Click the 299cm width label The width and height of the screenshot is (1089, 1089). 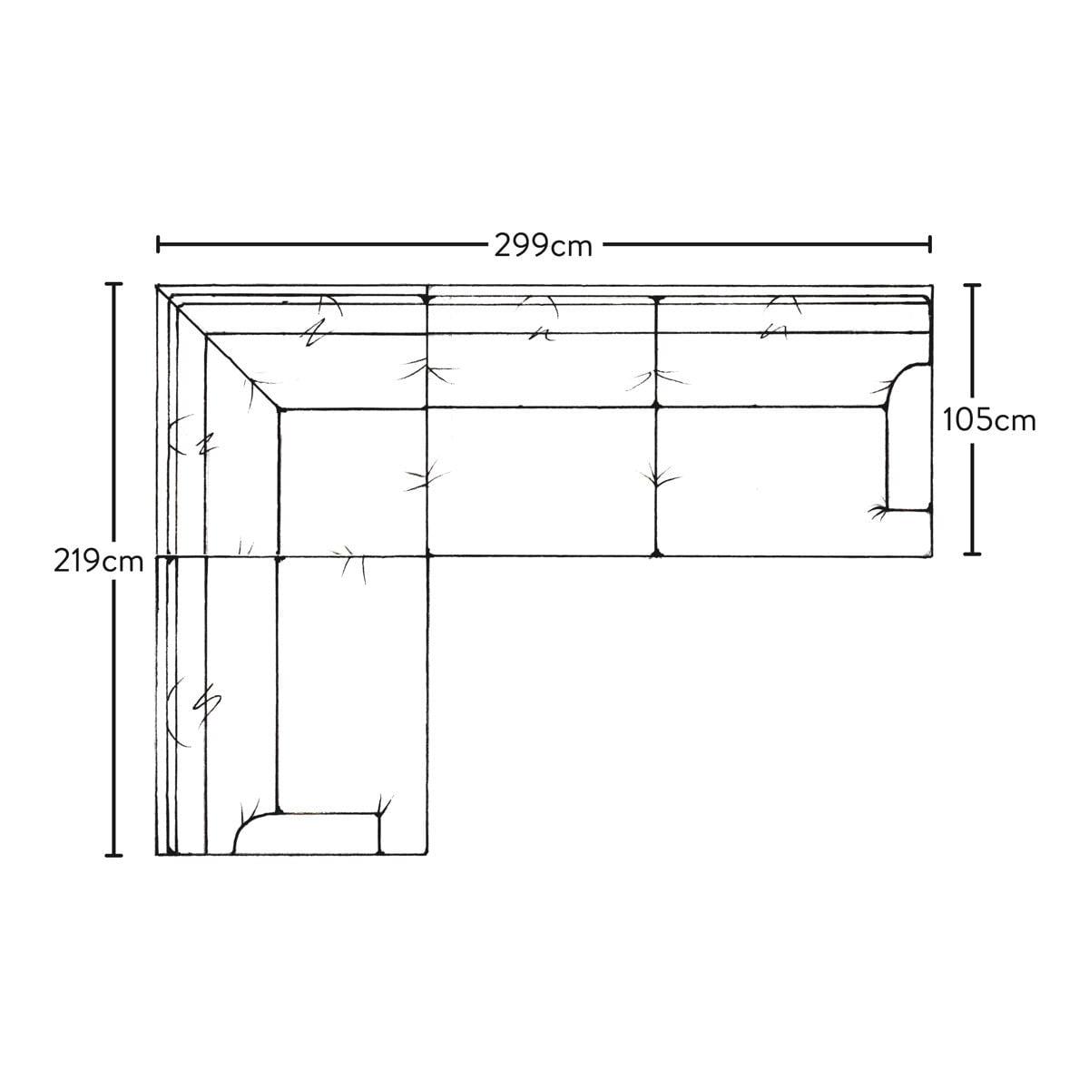[543, 246]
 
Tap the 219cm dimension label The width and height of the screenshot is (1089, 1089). [98, 563]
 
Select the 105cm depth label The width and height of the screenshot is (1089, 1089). [989, 421]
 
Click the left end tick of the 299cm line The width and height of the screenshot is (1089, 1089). [158, 244]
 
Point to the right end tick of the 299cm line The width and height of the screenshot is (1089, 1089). [929, 244]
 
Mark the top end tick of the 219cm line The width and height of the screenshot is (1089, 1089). [113, 284]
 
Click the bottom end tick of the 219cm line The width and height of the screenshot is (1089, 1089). [113, 855]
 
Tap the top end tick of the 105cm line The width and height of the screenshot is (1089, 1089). [972, 285]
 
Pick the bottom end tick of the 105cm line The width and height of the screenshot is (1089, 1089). [972, 553]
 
